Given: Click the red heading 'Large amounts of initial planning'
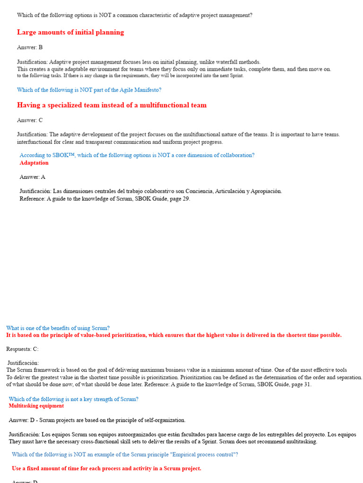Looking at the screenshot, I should coord(70,33).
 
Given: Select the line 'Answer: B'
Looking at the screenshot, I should coord(30,47).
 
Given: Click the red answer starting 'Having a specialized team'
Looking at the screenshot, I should coord(112,105).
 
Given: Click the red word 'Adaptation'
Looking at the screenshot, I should coord(34,163).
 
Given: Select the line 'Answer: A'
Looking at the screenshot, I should coord(32,177).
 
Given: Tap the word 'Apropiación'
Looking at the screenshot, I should coord(265,191).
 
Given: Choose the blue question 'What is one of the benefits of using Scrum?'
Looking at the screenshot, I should coord(58,328).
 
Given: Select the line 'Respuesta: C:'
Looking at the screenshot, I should coord(22,349).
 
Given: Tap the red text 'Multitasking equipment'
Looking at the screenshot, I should coord(36,406).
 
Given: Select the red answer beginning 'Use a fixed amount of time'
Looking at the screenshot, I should coord(106,468).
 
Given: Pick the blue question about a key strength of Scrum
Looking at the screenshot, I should coord(74,399).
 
